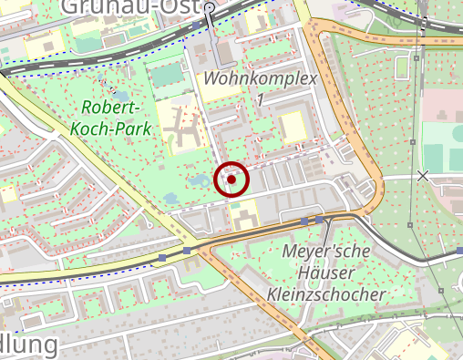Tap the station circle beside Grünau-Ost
click(211, 9)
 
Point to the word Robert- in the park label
click(108, 108)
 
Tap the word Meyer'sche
click(325, 251)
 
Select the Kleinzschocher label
click(327, 294)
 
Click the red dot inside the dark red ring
click(231, 180)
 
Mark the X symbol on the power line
click(423, 175)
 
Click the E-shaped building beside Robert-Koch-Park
click(183, 127)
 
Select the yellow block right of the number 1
click(293, 125)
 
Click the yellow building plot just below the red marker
click(242, 214)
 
